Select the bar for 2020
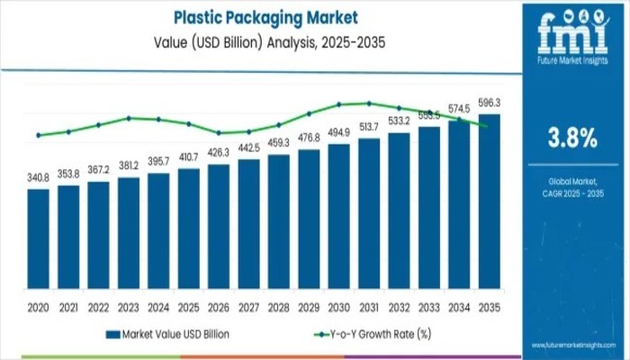click(x=38, y=243)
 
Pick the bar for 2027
click(x=248, y=229)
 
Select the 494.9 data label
click(x=338, y=132)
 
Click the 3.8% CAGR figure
click(x=572, y=138)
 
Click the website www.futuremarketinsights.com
click(x=571, y=346)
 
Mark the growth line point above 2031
click(x=369, y=103)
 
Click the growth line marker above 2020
click(x=38, y=136)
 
